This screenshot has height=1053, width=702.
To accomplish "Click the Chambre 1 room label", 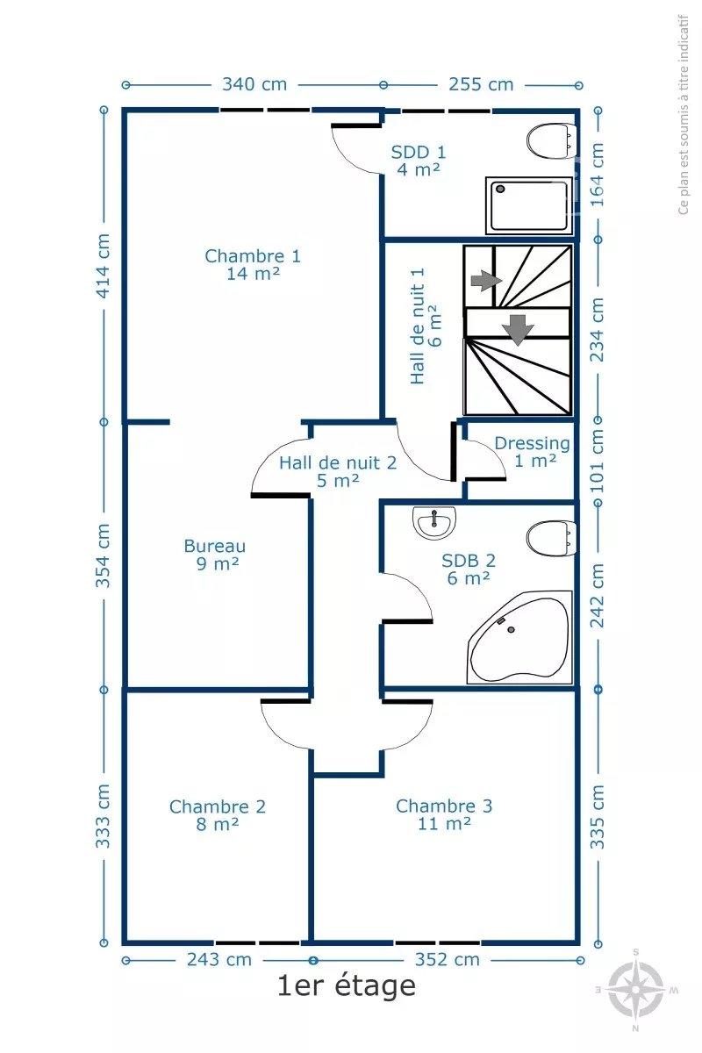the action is click(x=253, y=264).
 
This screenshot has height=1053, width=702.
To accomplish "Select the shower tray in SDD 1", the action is click(x=529, y=205).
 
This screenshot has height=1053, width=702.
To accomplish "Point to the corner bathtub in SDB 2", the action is click(x=519, y=637).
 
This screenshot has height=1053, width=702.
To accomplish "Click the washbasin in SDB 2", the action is click(x=434, y=523).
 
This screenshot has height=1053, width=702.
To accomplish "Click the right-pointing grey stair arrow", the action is click(x=486, y=281).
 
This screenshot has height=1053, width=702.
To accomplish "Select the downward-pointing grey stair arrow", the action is click(x=518, y=330).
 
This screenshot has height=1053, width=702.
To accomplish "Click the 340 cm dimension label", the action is click(x=254, y=84).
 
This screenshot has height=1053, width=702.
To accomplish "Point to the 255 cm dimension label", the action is click(x=481, y=84).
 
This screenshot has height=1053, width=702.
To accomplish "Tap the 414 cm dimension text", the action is click(x=103, y=266).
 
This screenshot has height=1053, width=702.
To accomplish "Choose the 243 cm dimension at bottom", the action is click(x=219, y=959).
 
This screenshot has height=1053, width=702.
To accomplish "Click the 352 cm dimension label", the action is click(x=447, y=959).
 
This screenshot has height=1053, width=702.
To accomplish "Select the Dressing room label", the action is click(x=533, y=452).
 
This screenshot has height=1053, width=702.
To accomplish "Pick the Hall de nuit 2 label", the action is click(x=338, y=471).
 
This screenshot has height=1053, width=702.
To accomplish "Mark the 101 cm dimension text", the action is click(x=598, y=461).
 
